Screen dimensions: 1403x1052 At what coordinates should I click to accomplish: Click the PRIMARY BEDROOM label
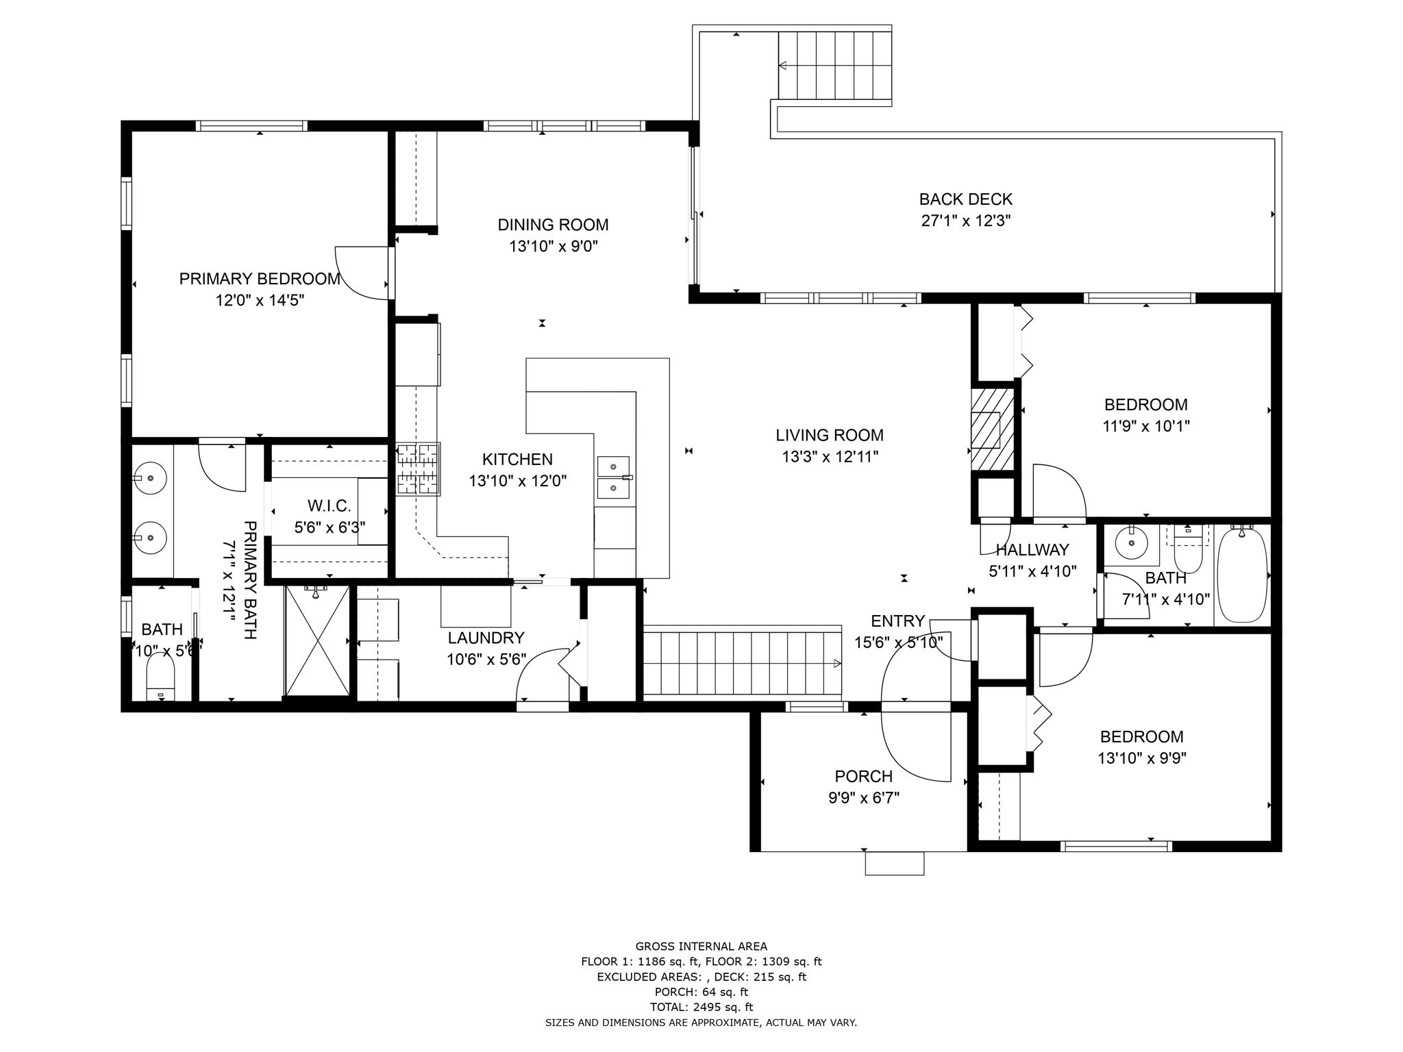pos(260,279)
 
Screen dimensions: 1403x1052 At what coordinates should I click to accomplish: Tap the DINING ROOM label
pos(553,225)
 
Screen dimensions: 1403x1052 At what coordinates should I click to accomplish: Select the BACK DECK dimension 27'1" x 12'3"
pos(966,221)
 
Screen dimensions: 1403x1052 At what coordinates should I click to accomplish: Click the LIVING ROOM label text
pos(830,435)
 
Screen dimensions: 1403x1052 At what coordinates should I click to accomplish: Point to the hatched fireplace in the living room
pos(993,429)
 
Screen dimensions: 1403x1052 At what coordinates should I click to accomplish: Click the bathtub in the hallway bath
pos(1243,574)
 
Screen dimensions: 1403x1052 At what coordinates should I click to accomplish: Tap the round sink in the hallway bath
pos(1131,544)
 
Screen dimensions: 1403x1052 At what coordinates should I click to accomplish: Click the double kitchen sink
pos(614,477)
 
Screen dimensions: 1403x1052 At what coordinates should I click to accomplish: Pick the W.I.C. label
pos(329,506)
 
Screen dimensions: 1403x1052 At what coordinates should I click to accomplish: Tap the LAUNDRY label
pos(486,638)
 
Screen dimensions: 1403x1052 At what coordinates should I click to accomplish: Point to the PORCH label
pos(863,776)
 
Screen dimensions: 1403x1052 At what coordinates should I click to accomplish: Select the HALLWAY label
pos(1032,549)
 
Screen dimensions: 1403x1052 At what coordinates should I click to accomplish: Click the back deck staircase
pos(835,66)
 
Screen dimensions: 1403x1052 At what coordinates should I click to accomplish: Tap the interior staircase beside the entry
pos(742,662)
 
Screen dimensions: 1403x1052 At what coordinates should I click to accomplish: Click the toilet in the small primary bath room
pos(161,675)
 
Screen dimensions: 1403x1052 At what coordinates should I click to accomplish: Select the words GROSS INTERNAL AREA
pos(701,947)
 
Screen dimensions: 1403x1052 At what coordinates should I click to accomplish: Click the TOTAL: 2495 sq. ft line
pos(701,1007)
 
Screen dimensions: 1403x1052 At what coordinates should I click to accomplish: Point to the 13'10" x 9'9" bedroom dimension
pos(1142,758)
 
